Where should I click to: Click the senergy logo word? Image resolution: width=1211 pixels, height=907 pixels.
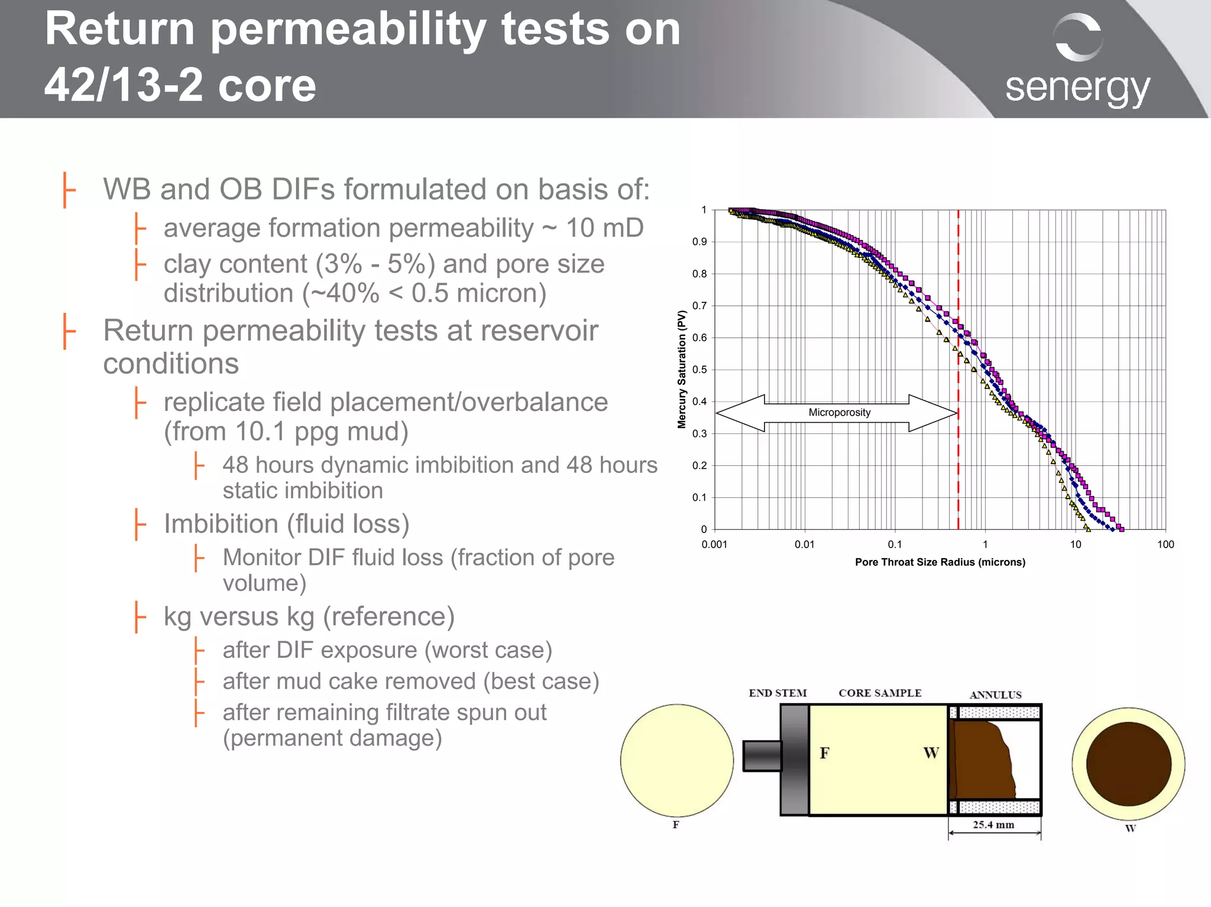click(1077, 89)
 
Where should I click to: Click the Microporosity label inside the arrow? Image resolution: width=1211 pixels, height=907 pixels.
click(839, 413)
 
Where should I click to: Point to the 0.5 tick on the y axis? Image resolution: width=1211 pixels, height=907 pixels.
click(700, 370)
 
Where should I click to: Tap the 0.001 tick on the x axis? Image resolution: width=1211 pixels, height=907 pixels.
click(714, 545)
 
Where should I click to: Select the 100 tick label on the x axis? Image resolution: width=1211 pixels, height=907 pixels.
click(1165, 545)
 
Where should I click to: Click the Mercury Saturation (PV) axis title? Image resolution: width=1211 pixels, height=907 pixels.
click(682, 370)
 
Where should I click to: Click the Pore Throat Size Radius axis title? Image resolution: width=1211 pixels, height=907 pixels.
click(940, 562)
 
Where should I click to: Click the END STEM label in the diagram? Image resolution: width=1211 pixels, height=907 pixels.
click(778, 693)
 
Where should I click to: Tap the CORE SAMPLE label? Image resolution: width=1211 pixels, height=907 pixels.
click(880, 693)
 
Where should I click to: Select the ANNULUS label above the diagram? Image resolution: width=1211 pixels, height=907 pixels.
click(995, 695)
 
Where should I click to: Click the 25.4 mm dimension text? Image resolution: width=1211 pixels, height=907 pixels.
click(993, 825)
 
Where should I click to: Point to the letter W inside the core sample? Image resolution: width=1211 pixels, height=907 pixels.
click(931, 753)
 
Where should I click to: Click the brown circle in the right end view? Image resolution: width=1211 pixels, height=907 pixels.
click(1128, 764)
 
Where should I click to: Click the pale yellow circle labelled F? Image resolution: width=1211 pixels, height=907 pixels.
click(676, 760)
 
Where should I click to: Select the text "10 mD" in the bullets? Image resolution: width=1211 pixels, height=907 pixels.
click(604, 228)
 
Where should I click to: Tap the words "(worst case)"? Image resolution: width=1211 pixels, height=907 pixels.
click(488, 650)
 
